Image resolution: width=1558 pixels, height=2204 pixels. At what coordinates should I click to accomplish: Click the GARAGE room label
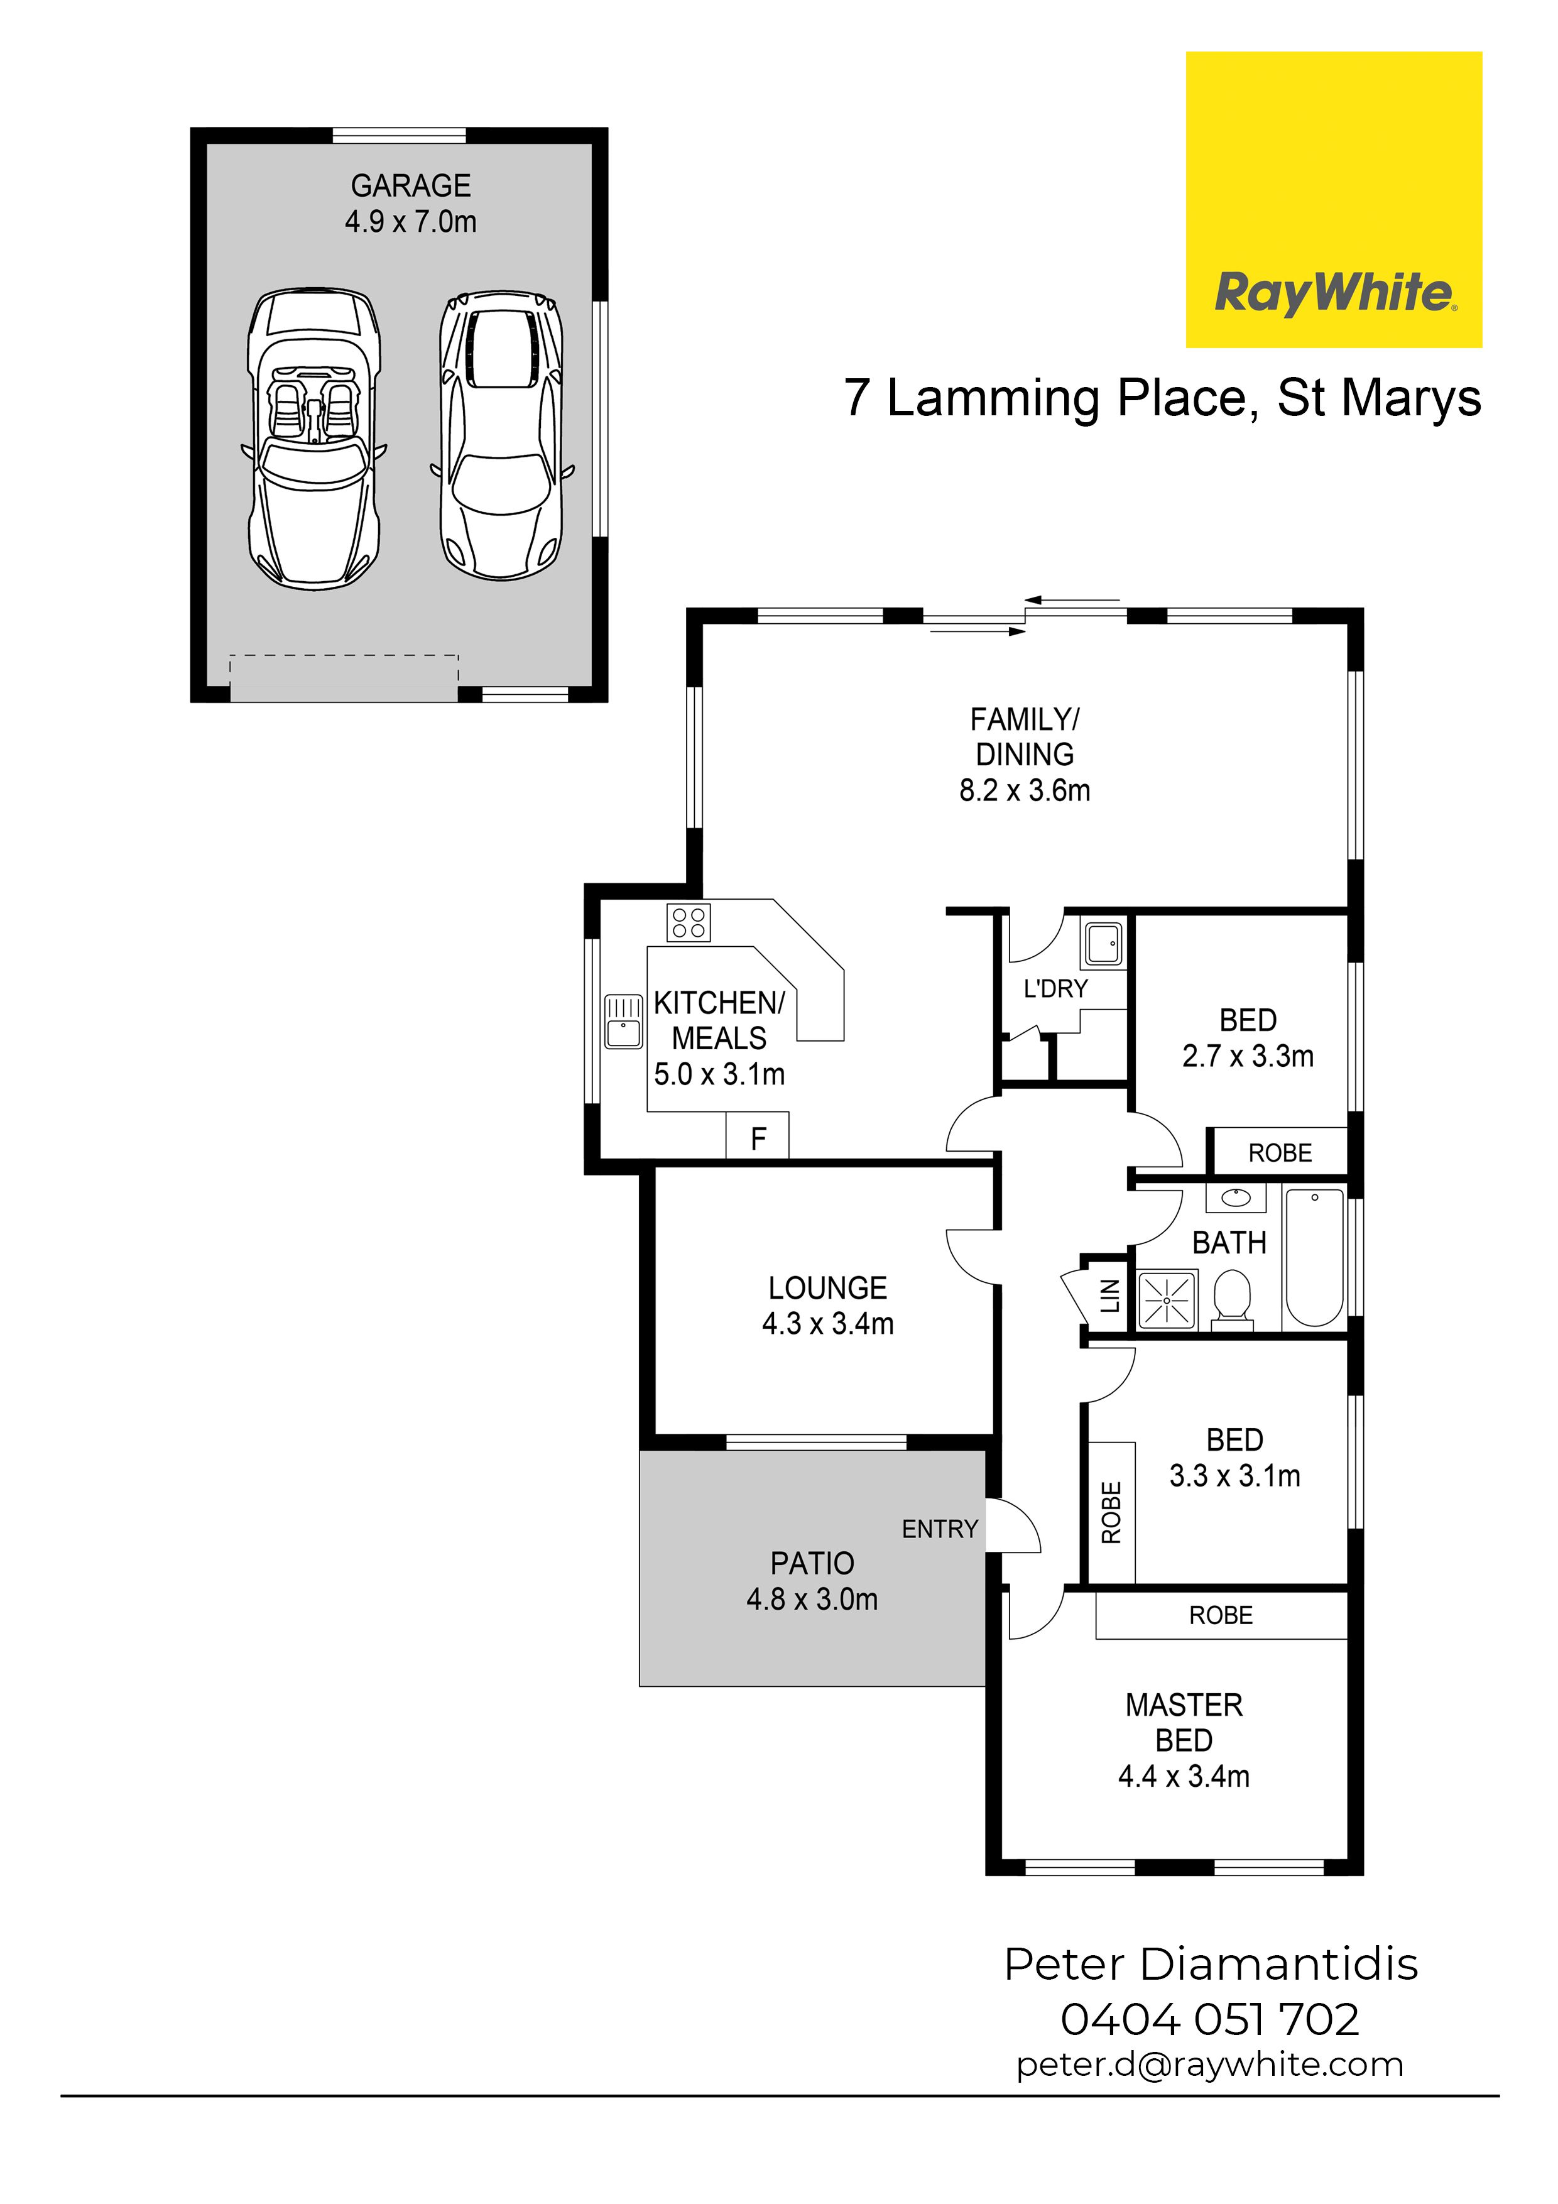pyautogui.click(x=411, y=185)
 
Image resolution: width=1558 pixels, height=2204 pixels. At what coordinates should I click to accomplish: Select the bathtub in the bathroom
pyautogui.click(x=1314, y=1258)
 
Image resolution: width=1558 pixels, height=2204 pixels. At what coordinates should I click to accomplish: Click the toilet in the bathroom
pyautogui.click(x=1231, y=1301)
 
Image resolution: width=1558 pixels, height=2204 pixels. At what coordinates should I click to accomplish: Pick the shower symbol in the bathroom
pyautogui.click(x=1167, y=1301)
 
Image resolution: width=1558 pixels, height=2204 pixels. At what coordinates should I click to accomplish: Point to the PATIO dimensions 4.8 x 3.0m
pyautogui.click(x=812, y=1599)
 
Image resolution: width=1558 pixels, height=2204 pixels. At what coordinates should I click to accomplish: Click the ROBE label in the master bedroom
pyautogui.click(x=1221, y=1615)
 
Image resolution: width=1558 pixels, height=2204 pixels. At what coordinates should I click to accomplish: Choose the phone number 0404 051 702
pyautogui.click(x=1209, y=2021)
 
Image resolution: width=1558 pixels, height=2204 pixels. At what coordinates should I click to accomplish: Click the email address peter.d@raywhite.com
pyautogui.click(x=1209, y=2065)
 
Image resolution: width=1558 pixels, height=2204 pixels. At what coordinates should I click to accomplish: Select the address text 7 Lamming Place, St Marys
pyautogui.click(x=1162, y=398)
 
